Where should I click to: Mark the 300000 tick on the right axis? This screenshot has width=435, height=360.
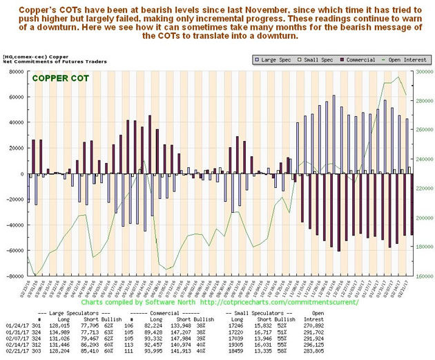(423, 71)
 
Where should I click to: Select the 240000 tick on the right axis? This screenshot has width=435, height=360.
(423, 159)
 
